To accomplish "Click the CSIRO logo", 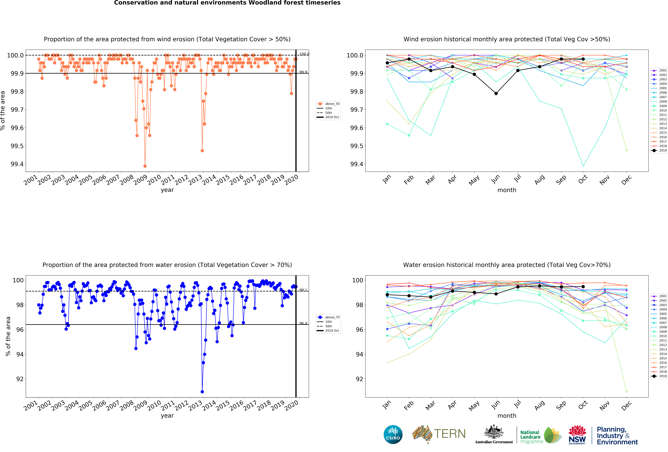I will tap(393, 434).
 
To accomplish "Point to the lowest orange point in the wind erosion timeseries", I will tap(145, 166).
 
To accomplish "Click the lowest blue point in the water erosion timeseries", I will tap(202, 392).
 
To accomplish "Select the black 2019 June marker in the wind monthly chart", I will tap(496, 94).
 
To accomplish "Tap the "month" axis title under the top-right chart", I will tap(507, 190).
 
